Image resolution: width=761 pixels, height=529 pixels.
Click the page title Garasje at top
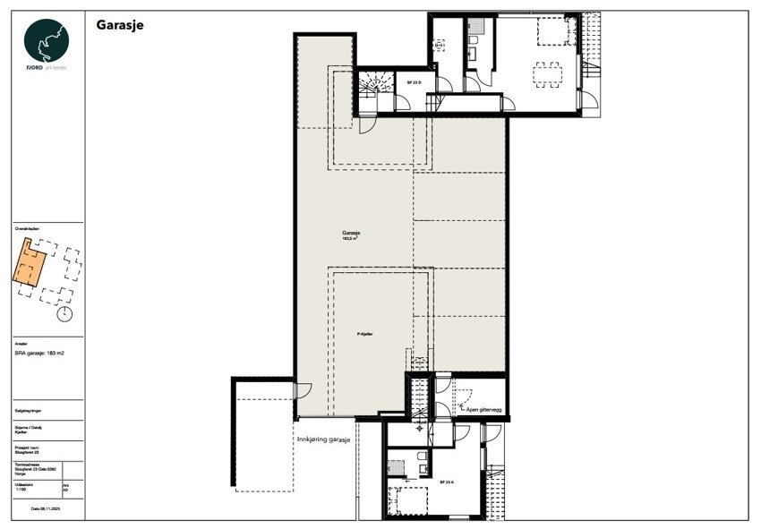[x=120, y=25]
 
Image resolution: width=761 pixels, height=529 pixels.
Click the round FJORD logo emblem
[x=47, y=40]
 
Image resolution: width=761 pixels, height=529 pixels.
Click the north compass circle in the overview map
[x=64, y=314]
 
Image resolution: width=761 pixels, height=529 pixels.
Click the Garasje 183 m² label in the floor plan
[x=350, y=234]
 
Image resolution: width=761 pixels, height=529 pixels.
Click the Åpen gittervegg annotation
[x=483, y=411]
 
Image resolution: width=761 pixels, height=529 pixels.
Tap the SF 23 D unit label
[x=414, y=82]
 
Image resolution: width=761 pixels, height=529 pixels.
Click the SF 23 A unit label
[x=447, y=482]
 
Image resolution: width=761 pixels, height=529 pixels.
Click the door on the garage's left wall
[x=302, y=390]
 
